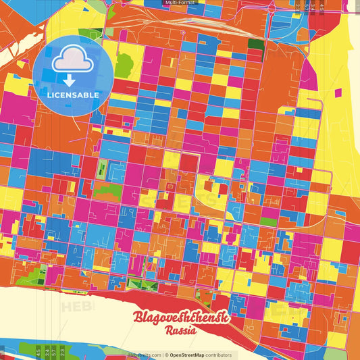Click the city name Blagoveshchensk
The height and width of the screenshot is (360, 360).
pos(181,318)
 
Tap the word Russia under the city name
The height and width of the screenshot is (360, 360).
pos(180,331)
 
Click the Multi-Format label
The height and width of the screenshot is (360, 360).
pos(179,3)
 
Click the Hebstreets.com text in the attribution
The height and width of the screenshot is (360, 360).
pos(143,354)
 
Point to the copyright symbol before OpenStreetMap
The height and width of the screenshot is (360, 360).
pos(165,354)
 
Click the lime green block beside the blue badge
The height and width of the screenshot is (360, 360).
pos(123,66)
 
